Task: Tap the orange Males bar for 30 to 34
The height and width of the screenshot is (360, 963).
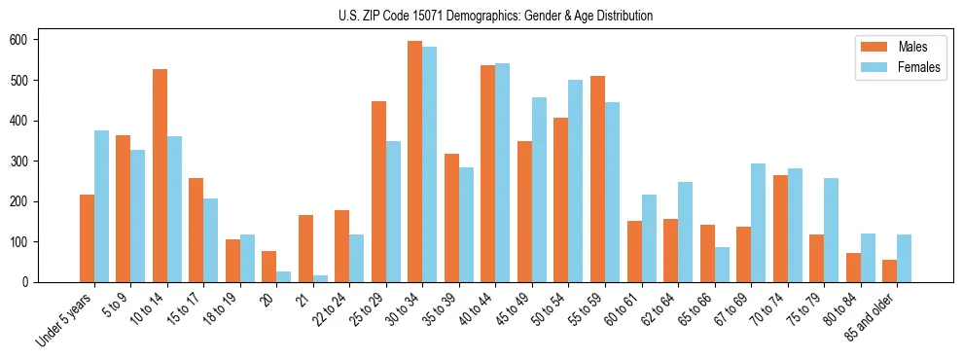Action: [415, 162]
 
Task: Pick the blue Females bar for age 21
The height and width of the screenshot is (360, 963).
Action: [320, 278]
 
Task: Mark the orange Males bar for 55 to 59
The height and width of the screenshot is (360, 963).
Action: [597, 179]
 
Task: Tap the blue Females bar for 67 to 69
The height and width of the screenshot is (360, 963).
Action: [758, 223]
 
